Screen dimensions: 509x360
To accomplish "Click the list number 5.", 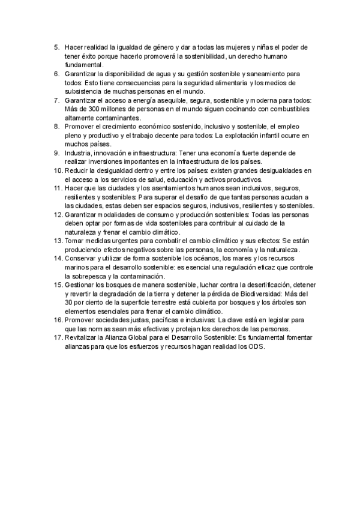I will (x=56, y=47).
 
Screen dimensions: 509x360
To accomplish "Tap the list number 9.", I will (x=56, y=154).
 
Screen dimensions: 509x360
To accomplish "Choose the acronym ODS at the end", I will (x=257, y=347).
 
